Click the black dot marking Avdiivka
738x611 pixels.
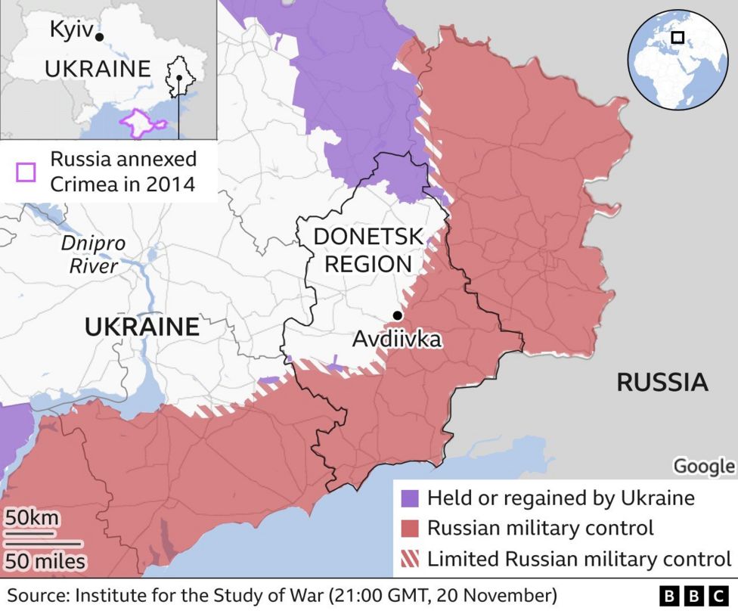[x=396, y=316]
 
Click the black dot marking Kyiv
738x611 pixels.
[x=100, y=36]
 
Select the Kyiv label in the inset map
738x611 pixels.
[x=70, y=30]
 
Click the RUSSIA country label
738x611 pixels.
[x=662, y=382]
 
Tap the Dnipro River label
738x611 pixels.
[x=94, y=255]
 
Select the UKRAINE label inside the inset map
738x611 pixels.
[x=98, y=69]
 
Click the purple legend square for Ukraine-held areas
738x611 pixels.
[x=409, y=498]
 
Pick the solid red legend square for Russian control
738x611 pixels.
[x=409, y=529]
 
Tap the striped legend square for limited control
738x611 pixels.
[x=409, y=560]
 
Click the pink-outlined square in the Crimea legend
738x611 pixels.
[x=26, y=172]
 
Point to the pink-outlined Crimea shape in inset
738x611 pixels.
[x=141, y=123]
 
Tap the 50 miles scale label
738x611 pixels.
[x=45, y=562]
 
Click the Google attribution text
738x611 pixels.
[x=703, y=467]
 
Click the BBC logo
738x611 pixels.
[x=692, y=595]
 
